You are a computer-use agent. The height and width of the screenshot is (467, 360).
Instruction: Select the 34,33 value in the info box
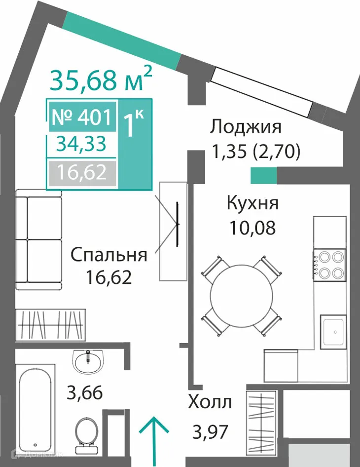[x=81, y=144]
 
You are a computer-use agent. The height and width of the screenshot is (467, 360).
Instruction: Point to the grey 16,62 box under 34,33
[x=81, y=173]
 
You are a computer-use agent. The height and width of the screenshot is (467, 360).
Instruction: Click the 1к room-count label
[x=134, y=124]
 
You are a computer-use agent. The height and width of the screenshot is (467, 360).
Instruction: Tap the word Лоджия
[x=246, y=127]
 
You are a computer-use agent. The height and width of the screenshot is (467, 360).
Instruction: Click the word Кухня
[x=252, y=203]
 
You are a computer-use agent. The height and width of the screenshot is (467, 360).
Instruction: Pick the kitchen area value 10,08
[x=252, y=228]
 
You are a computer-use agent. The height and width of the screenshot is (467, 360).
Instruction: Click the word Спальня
[x=108, y=255]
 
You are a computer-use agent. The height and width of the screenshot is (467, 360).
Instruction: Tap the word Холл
[x=210, y=402]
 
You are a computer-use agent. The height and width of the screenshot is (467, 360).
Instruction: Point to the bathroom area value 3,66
[x=85, y=394]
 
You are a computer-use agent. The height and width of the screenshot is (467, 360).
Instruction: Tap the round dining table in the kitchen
[x=242, y=297]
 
